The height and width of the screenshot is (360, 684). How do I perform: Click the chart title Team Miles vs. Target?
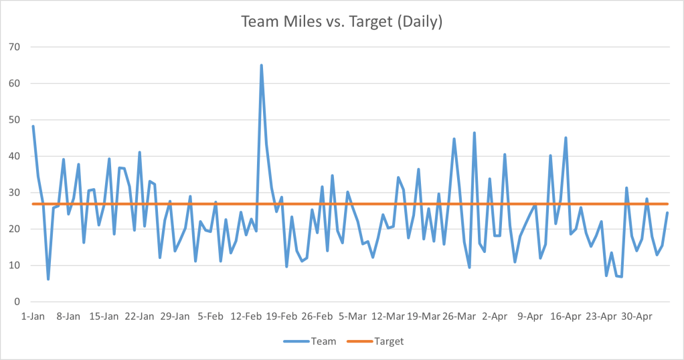[341, 21]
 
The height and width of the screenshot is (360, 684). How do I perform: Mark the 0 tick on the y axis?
[21, 302]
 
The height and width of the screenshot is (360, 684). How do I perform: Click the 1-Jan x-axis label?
[33, 316]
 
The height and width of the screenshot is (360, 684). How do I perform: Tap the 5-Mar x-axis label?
[352, 316]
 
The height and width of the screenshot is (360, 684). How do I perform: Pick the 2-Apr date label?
[495, 316]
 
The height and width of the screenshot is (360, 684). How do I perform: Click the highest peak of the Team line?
[261, 66]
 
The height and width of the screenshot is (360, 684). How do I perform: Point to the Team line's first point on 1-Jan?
[33, 126]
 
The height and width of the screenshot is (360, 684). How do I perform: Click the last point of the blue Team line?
[667, 213]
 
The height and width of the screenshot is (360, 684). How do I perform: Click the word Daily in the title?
[421, 21]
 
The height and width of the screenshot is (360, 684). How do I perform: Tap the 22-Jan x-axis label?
[139, 316]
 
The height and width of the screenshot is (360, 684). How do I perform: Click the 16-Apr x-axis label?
[566, 316]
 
